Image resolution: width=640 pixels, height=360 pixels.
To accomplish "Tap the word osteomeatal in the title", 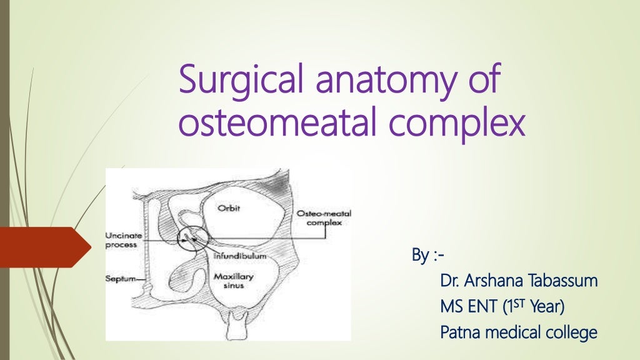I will pyautogui.click(x=261, y=123).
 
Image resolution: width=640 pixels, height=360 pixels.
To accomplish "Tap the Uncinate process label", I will pyautogui.click(x=123, y=239).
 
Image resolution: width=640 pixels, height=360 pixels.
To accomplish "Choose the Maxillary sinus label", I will pyautogui.click(x=230, y=281).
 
